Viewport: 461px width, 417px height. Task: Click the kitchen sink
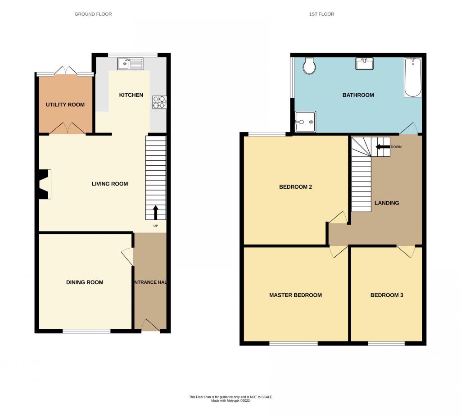[x=130, y=64]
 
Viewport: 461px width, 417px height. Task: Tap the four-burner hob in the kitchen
[x=159, y=102]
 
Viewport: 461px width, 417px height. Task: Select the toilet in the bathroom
[x=309, y=66]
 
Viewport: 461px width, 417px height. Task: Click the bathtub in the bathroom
[x=413, y=77]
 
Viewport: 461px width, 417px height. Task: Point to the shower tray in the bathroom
[x=306, y=122]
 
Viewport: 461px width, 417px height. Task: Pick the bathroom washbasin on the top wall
[x=365, y=63]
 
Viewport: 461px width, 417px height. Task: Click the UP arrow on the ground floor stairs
[x=155, y=212]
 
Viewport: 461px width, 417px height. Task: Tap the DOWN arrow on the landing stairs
[x=383, y=147]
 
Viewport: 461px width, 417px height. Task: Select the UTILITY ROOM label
[x=65, y=104]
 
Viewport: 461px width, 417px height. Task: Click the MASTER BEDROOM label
[x=295, y=295]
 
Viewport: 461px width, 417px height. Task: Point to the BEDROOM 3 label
[x=387, y=295]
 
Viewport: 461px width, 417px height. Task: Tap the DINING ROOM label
[x=85, y=282]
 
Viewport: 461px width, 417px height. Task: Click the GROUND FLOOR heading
[x=93, y=14]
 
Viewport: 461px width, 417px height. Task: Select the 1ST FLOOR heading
[x=321, y=14]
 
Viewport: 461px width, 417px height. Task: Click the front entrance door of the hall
[x=151, y=326]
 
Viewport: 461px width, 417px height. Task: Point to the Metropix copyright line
[x=230, y=400]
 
